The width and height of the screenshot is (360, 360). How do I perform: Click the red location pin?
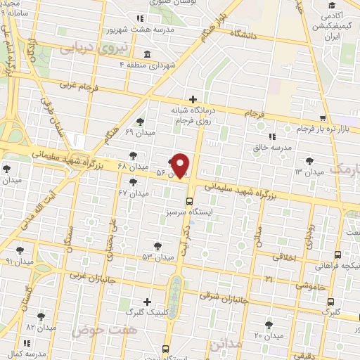(x=181, y=166)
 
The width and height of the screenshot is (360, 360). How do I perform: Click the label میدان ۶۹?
(x=139, y=131)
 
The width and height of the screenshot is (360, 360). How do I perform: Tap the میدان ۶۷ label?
(x=133, y=193)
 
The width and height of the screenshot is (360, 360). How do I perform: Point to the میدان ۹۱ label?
(x=19, y=260)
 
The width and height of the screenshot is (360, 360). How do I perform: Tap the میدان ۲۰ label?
(x=268, y=335)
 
